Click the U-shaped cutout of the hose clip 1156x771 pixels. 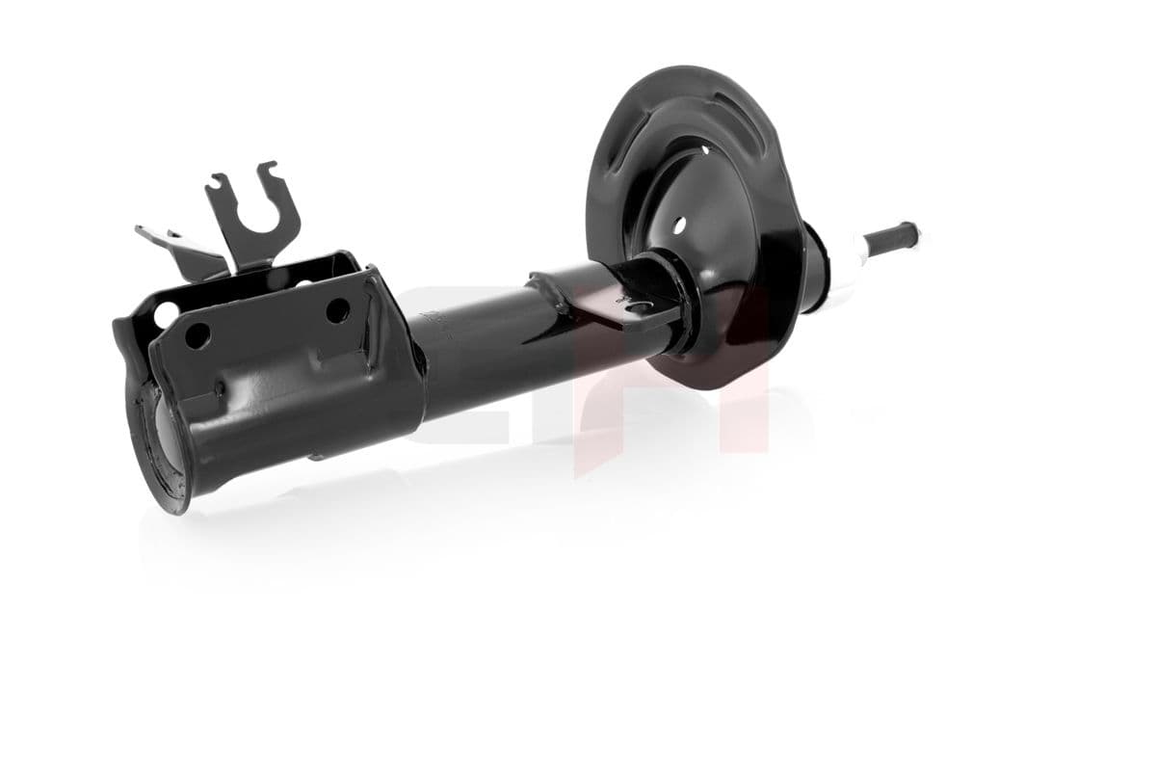pyautogui.click(x=258, y=218)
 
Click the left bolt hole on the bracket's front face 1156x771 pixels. pyautogui.click(x=197, y=336)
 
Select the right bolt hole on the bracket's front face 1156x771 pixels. pyautogui.click(x=337, y=310)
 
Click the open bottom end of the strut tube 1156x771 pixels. pyautogui.click(x=160, y=443)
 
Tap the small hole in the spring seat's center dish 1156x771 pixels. pyautogui.click(x=679, y=225)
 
